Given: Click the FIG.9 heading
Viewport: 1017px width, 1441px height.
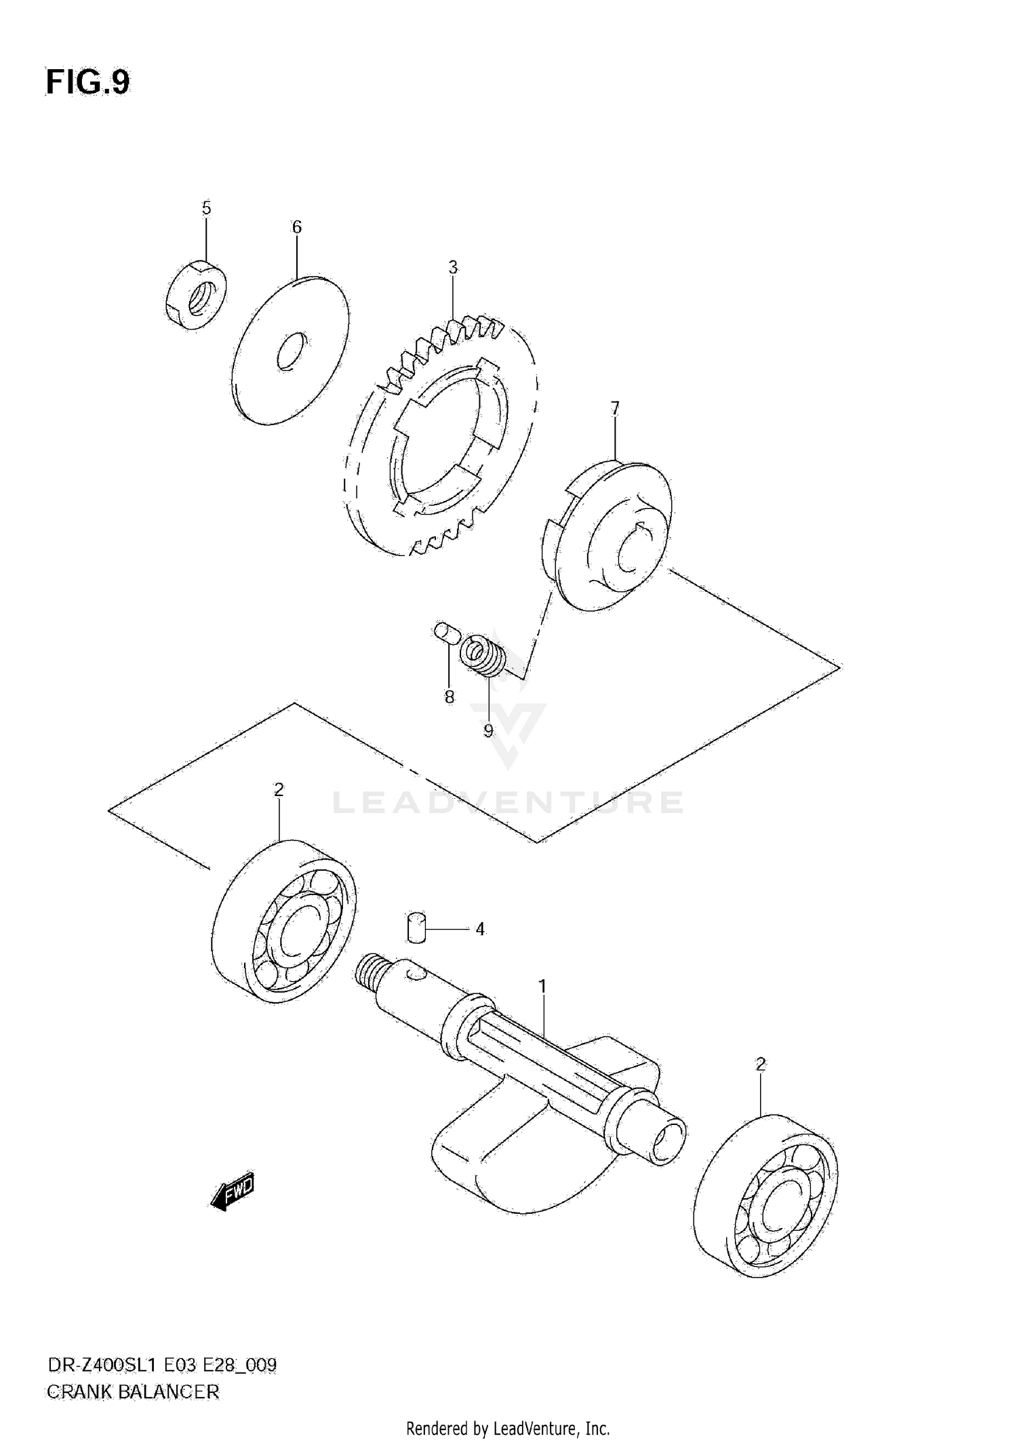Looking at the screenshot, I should coord(87,83).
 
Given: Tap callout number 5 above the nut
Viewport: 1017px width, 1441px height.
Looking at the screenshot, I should coord(206,208).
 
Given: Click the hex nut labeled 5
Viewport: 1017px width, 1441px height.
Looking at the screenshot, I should coord(196,296).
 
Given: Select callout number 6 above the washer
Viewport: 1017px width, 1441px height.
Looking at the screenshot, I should coord(297,227).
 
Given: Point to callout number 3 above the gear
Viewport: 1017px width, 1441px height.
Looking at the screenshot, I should coord(453,267).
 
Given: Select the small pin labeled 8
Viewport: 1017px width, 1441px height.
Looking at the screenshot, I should coord(448,633).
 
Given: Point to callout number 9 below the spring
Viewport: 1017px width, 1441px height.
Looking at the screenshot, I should coord(488,730).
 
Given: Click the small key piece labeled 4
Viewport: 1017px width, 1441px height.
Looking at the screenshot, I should coord(416,927).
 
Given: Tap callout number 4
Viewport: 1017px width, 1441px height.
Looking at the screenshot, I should coord(479,929).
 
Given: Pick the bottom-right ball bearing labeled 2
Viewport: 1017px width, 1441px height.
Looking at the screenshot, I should coord(767,1195).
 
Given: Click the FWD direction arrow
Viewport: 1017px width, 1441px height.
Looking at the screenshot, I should coord(233,1191).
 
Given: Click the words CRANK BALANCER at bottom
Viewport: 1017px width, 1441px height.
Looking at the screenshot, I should coord(133,1392).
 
